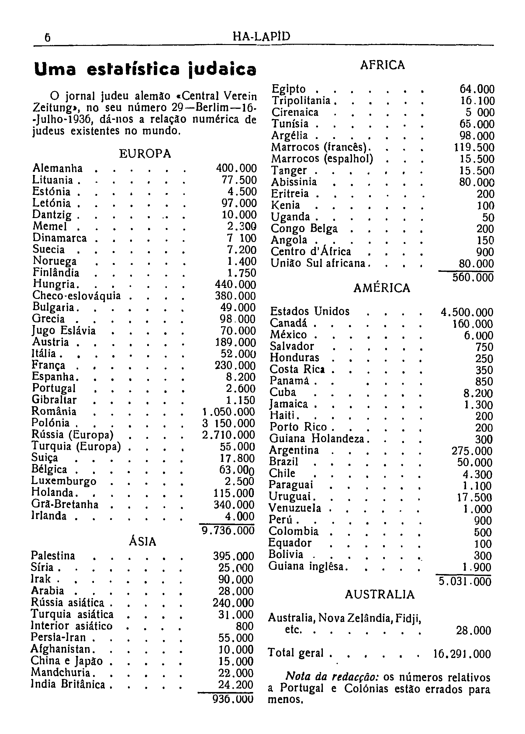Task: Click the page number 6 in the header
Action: pos(47,38)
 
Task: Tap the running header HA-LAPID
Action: pos(261,36)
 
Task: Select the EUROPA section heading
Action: pos(145,154)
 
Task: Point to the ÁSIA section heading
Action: pos(143,541)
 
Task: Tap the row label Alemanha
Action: pos(58,168)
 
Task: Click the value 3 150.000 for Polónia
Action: pos(229,423)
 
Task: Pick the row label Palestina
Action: pos(53,556)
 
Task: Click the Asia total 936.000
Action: pos(233,700)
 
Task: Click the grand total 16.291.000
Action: pos(462,654)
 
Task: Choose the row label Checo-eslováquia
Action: pos(77,296)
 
